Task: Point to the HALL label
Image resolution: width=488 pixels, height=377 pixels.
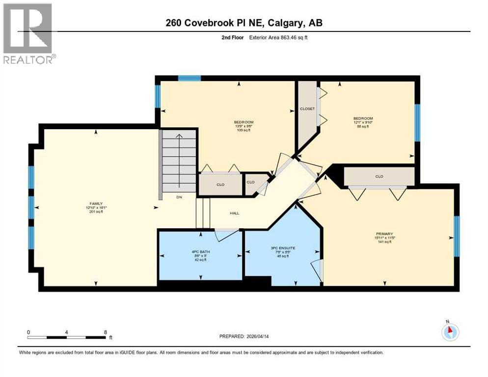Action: (235, 214)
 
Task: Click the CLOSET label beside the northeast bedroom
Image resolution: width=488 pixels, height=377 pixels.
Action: (307, 108)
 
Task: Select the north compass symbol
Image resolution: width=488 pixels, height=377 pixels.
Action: (450, 332)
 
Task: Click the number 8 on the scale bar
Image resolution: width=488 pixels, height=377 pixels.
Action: (106, 332)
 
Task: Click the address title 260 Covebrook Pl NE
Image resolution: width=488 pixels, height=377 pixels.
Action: (244, 23)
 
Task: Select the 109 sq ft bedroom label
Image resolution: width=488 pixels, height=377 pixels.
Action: (244, 127)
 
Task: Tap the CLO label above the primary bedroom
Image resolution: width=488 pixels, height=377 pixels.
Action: (379, 176)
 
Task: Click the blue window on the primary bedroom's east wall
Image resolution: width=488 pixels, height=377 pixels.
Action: (456, 236)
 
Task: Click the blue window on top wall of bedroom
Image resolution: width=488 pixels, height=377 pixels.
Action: (189, 78)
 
